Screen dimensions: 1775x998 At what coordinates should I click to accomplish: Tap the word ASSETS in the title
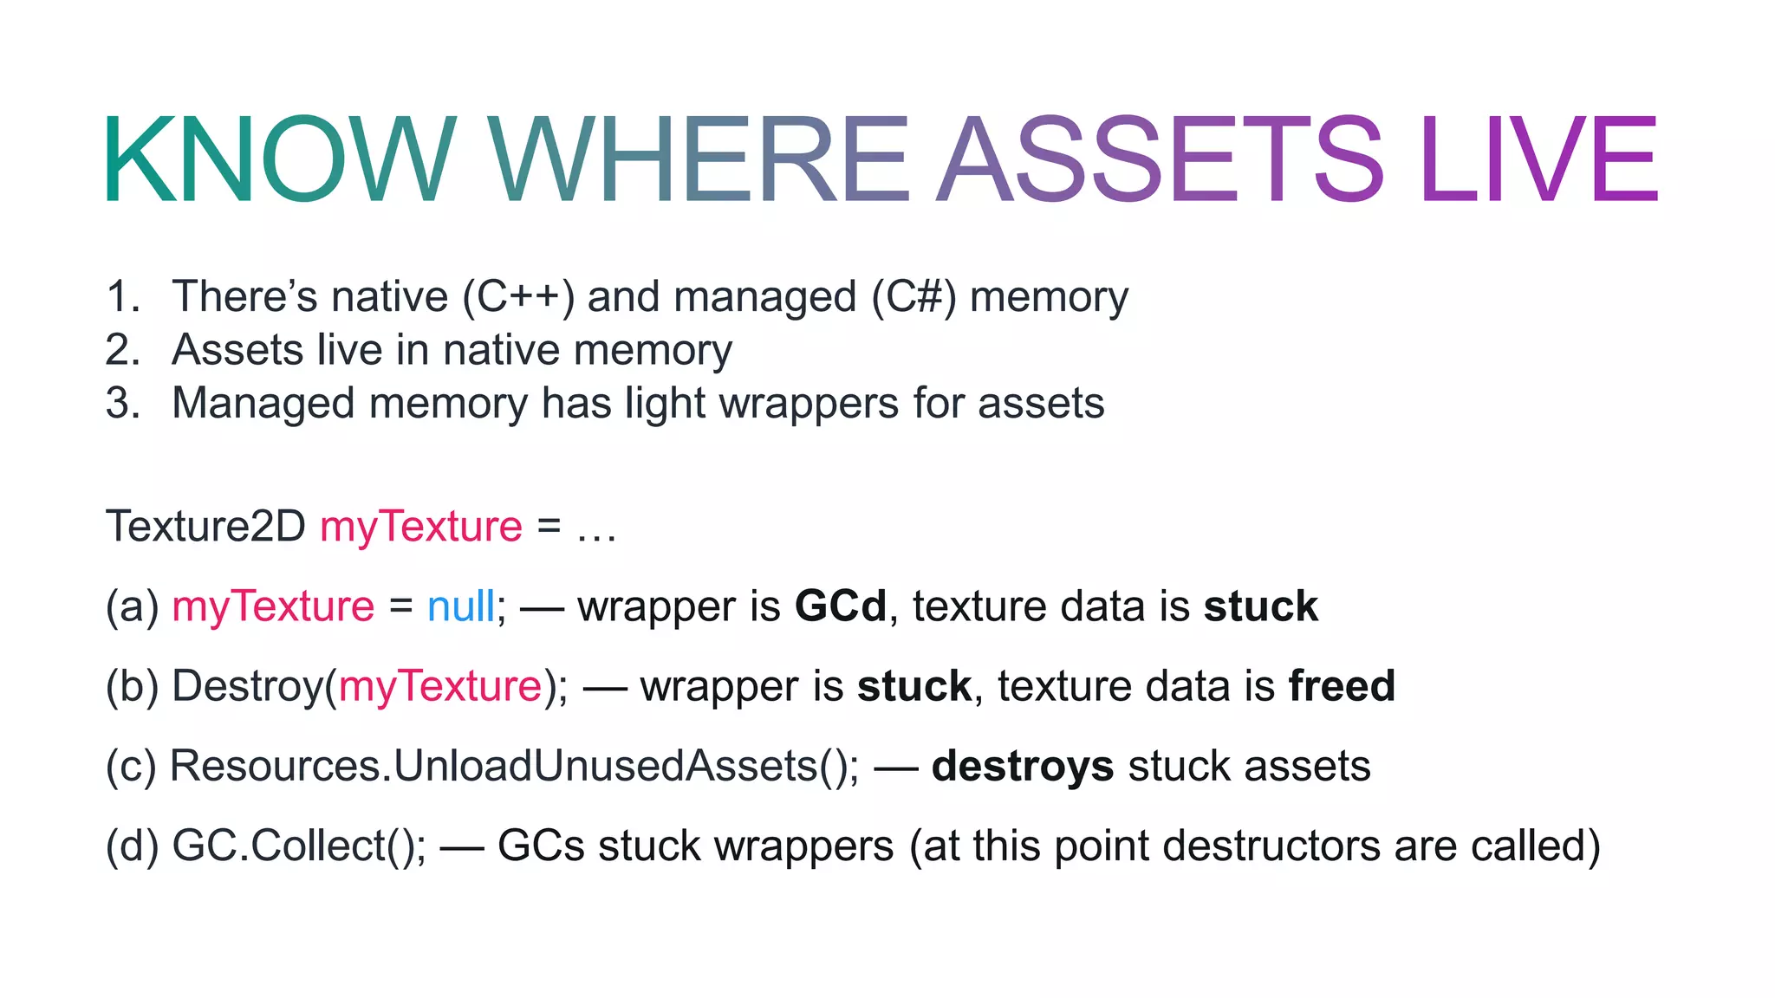pos(1161,160)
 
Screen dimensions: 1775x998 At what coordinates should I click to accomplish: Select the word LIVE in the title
pos(1539,160)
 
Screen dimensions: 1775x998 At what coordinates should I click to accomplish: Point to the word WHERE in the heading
pos(699,160)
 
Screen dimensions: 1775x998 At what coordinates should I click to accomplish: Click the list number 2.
pos(122,350)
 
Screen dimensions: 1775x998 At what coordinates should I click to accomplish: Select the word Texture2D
pos(205,526)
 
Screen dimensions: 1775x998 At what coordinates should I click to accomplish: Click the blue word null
pos(460,606)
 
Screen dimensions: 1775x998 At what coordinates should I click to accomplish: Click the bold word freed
pos(1342,686)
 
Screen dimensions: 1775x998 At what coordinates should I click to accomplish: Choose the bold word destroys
pos(1022,767)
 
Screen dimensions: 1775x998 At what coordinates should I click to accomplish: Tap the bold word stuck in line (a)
pos(1261,606)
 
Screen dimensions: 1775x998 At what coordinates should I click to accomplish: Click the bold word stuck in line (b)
pos(914,686)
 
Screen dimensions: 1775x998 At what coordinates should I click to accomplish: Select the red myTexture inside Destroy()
pos(440,687)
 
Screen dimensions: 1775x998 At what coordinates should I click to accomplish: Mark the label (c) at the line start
pos(131,767)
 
